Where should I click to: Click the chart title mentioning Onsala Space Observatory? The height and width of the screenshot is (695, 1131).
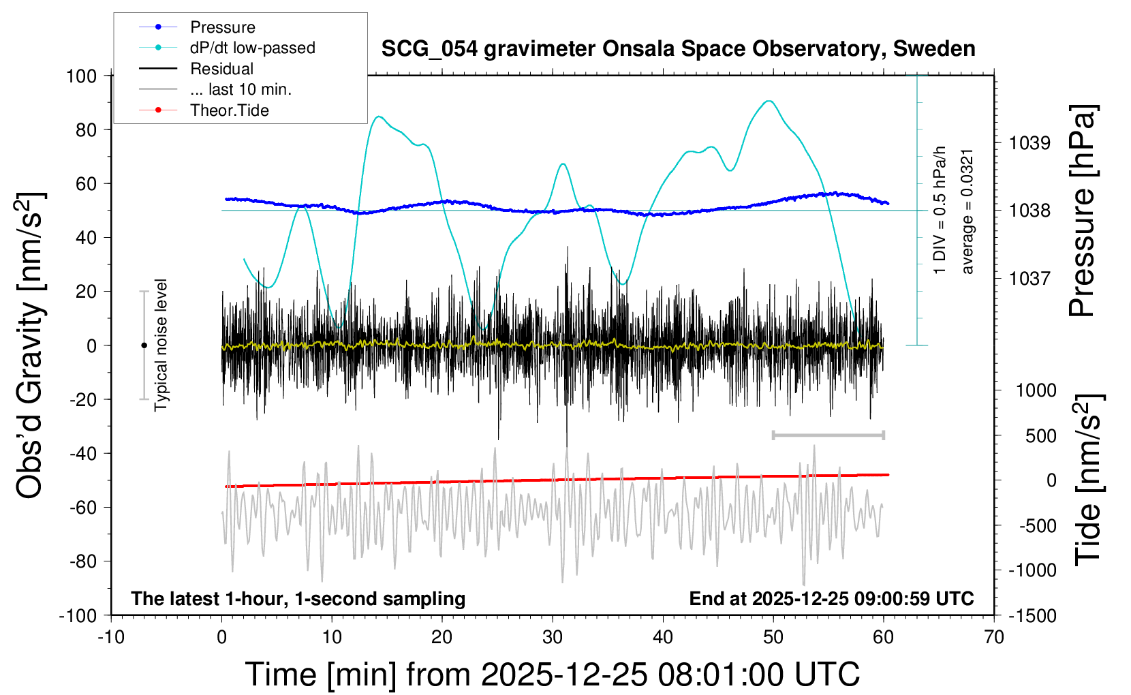coord(678,49)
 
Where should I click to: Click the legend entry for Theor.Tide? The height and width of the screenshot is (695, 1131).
coord(229,110)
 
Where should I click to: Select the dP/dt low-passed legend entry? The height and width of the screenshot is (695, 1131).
coord(252,48)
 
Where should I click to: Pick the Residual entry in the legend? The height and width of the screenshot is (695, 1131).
coord(221,69)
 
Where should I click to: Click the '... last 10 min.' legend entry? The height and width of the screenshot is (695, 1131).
coord(241,89)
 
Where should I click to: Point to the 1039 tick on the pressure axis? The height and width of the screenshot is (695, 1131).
coord(1029,143)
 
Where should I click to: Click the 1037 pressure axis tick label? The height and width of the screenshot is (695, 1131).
coord(1029,278)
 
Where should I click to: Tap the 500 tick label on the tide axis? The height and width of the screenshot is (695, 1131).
coord(1040,436)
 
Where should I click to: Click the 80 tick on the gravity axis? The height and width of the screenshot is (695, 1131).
coord(86,129)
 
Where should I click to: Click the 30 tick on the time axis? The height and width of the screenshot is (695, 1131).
coord(553,638)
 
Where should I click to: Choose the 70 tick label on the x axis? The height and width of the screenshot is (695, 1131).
coord(994,638)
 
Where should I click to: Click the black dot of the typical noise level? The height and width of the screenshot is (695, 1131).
coord(144,345)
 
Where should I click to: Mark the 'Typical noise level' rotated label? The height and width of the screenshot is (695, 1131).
coord(161,345)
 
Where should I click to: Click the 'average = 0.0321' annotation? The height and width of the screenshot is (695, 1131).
coord(967,211)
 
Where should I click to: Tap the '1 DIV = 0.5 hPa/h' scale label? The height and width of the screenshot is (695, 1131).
coord(940,210)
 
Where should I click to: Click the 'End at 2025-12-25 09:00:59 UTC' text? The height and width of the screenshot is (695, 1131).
coord(831,599)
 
